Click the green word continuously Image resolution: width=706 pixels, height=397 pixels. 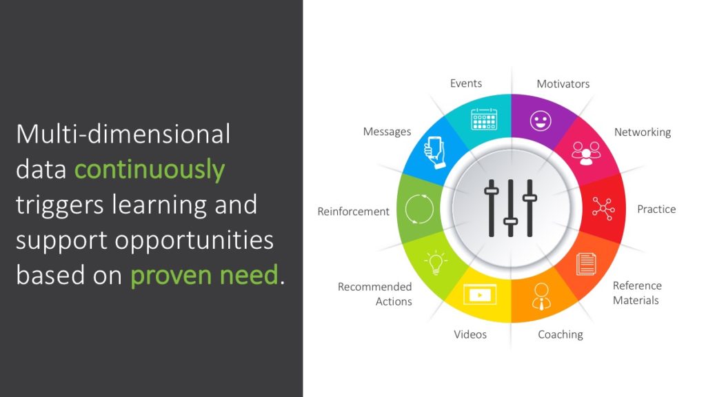pyautogui.click(x=150, y=170)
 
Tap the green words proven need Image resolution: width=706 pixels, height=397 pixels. pyautogui.click(x=204, y=276)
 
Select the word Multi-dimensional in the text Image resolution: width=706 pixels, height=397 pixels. pyautogui.click(x=123, y=134)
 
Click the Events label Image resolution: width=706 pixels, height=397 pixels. pyautogui.click(x=466, y=83)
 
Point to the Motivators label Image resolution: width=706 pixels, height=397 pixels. pyautogui.click(x=563, y=84)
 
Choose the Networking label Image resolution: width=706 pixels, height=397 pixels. pyautogui.click(x=643, y=132)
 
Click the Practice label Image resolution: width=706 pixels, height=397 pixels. pyautogui.click(x=656, y=209)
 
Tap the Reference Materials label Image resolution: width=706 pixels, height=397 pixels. pyautogui.click(x=636, y=293)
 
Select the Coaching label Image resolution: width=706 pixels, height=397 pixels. pyautogui.click(x=561, y=334)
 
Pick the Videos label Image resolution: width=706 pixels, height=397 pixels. pyautogui.click(x=470, y=334)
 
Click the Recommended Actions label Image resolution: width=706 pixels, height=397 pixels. pyautogui.click(x=375, y=294)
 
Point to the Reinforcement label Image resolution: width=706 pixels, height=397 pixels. pyautogui.click(x=354, y=212)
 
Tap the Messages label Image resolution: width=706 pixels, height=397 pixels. pyautogui.click(x=387, y=132)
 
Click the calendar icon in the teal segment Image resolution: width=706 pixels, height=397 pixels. pyautogui.click(x=484, y=119)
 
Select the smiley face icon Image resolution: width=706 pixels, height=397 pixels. pyautogui.click(x=541, y=121)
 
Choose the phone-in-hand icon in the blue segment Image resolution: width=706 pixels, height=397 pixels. pyautogui.click(x=433, y=152)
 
